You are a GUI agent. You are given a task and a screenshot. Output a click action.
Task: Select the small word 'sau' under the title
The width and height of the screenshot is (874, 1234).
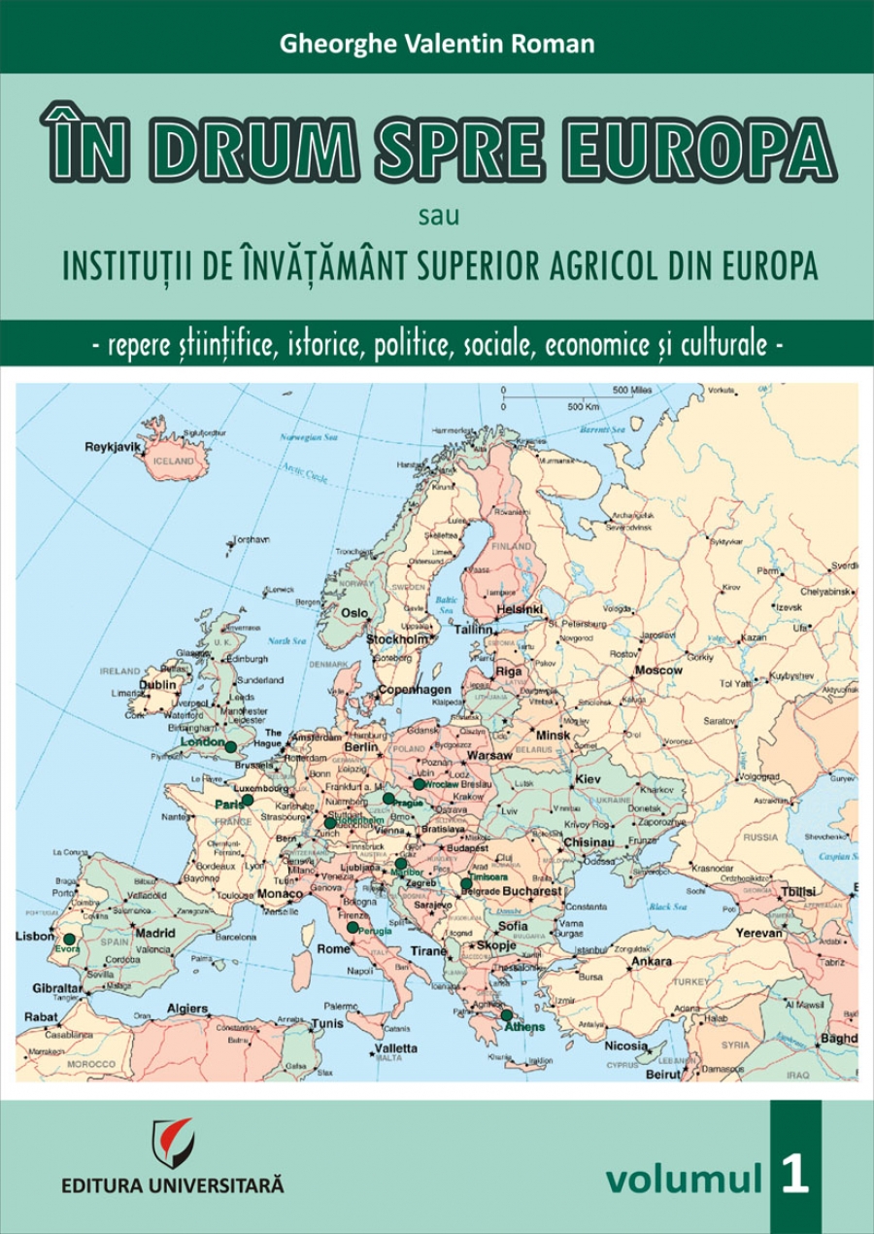(x=436, y=215)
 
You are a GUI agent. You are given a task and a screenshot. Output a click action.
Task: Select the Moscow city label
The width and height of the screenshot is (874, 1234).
(x=658, y=670)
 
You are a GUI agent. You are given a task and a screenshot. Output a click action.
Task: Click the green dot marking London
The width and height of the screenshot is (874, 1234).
(x=230, y=747)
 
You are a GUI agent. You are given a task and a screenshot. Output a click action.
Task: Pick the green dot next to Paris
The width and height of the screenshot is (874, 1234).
(x=248, y=800)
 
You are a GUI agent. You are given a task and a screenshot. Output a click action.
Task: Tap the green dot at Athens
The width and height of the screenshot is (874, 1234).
(x=506, y=1014)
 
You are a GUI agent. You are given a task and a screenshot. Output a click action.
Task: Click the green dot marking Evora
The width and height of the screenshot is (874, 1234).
(x=69, y=940)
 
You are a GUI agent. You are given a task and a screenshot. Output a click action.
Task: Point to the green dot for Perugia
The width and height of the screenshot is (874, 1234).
(x=353, y=927)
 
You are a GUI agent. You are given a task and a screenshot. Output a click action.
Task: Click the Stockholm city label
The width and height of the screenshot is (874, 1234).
(x=396, y=640)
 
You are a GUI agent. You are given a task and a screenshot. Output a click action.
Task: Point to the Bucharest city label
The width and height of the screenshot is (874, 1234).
(x=532, y=890)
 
